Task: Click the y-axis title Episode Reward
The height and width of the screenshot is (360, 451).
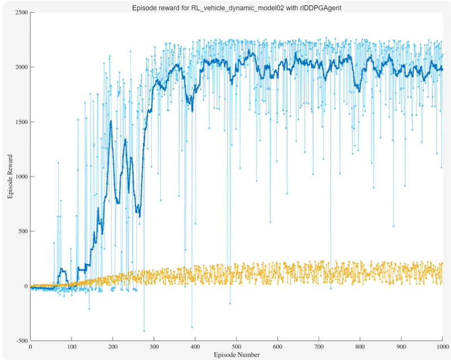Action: (10, 176)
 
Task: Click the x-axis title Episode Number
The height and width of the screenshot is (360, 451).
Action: (237, 354)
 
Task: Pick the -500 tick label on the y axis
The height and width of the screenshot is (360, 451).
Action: (20, 341)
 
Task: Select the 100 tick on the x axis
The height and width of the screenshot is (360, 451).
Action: (71, 346)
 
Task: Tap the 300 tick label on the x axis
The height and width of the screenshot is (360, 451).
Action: (154, 346)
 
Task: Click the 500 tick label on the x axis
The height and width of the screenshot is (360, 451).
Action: (237, 346)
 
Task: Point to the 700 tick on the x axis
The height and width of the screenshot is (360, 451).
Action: (319, 346)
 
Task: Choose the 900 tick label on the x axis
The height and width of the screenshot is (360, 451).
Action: (402, 346)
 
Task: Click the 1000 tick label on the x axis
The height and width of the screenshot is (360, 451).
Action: (442, 346)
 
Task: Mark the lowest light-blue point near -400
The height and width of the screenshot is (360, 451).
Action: (144, 330)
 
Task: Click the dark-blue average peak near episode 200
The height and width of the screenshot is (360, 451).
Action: (111, 121)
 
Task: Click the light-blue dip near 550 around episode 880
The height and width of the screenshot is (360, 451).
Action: (394, 226)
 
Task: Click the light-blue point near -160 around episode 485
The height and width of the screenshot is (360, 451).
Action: (230, 304)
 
